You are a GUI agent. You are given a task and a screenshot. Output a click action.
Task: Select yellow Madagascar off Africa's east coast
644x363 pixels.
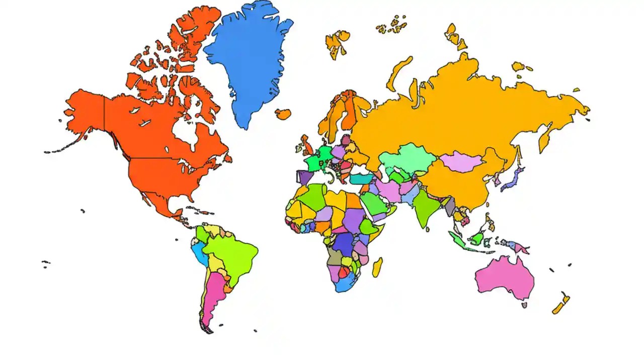pos(377,267)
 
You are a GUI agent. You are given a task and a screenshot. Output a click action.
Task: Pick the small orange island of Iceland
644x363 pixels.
pos(283,114)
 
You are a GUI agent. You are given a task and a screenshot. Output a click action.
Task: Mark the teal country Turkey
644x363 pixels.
pos(361,179)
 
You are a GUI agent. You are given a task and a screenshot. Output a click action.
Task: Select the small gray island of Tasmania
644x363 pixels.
pos(524,305)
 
